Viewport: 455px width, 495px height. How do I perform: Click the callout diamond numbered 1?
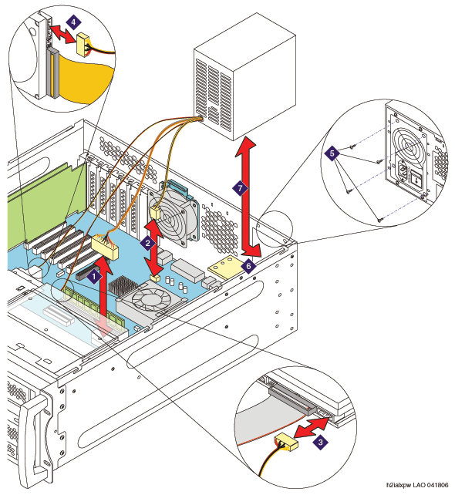coord(94,277)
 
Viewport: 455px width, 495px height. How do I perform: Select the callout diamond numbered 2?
coord(147,244)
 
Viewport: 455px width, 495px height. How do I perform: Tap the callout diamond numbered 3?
coord(321,442)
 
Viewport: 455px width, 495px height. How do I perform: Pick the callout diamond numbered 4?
coord(73,22)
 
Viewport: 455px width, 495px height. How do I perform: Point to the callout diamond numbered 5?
coord(332,153)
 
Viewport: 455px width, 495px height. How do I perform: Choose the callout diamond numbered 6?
coord(248,266)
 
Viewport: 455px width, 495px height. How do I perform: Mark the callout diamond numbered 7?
coord(241,188)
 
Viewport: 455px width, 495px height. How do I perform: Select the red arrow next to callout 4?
coord(63,34)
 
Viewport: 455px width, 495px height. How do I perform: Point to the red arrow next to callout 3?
coord(312,428)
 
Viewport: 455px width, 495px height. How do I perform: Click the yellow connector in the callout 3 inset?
coord(287,441)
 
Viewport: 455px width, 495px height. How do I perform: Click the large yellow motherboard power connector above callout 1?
coord(105,247)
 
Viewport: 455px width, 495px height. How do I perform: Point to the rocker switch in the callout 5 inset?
coord(416,179)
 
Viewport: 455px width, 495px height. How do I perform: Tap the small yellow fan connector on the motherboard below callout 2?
coord(155,278)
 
